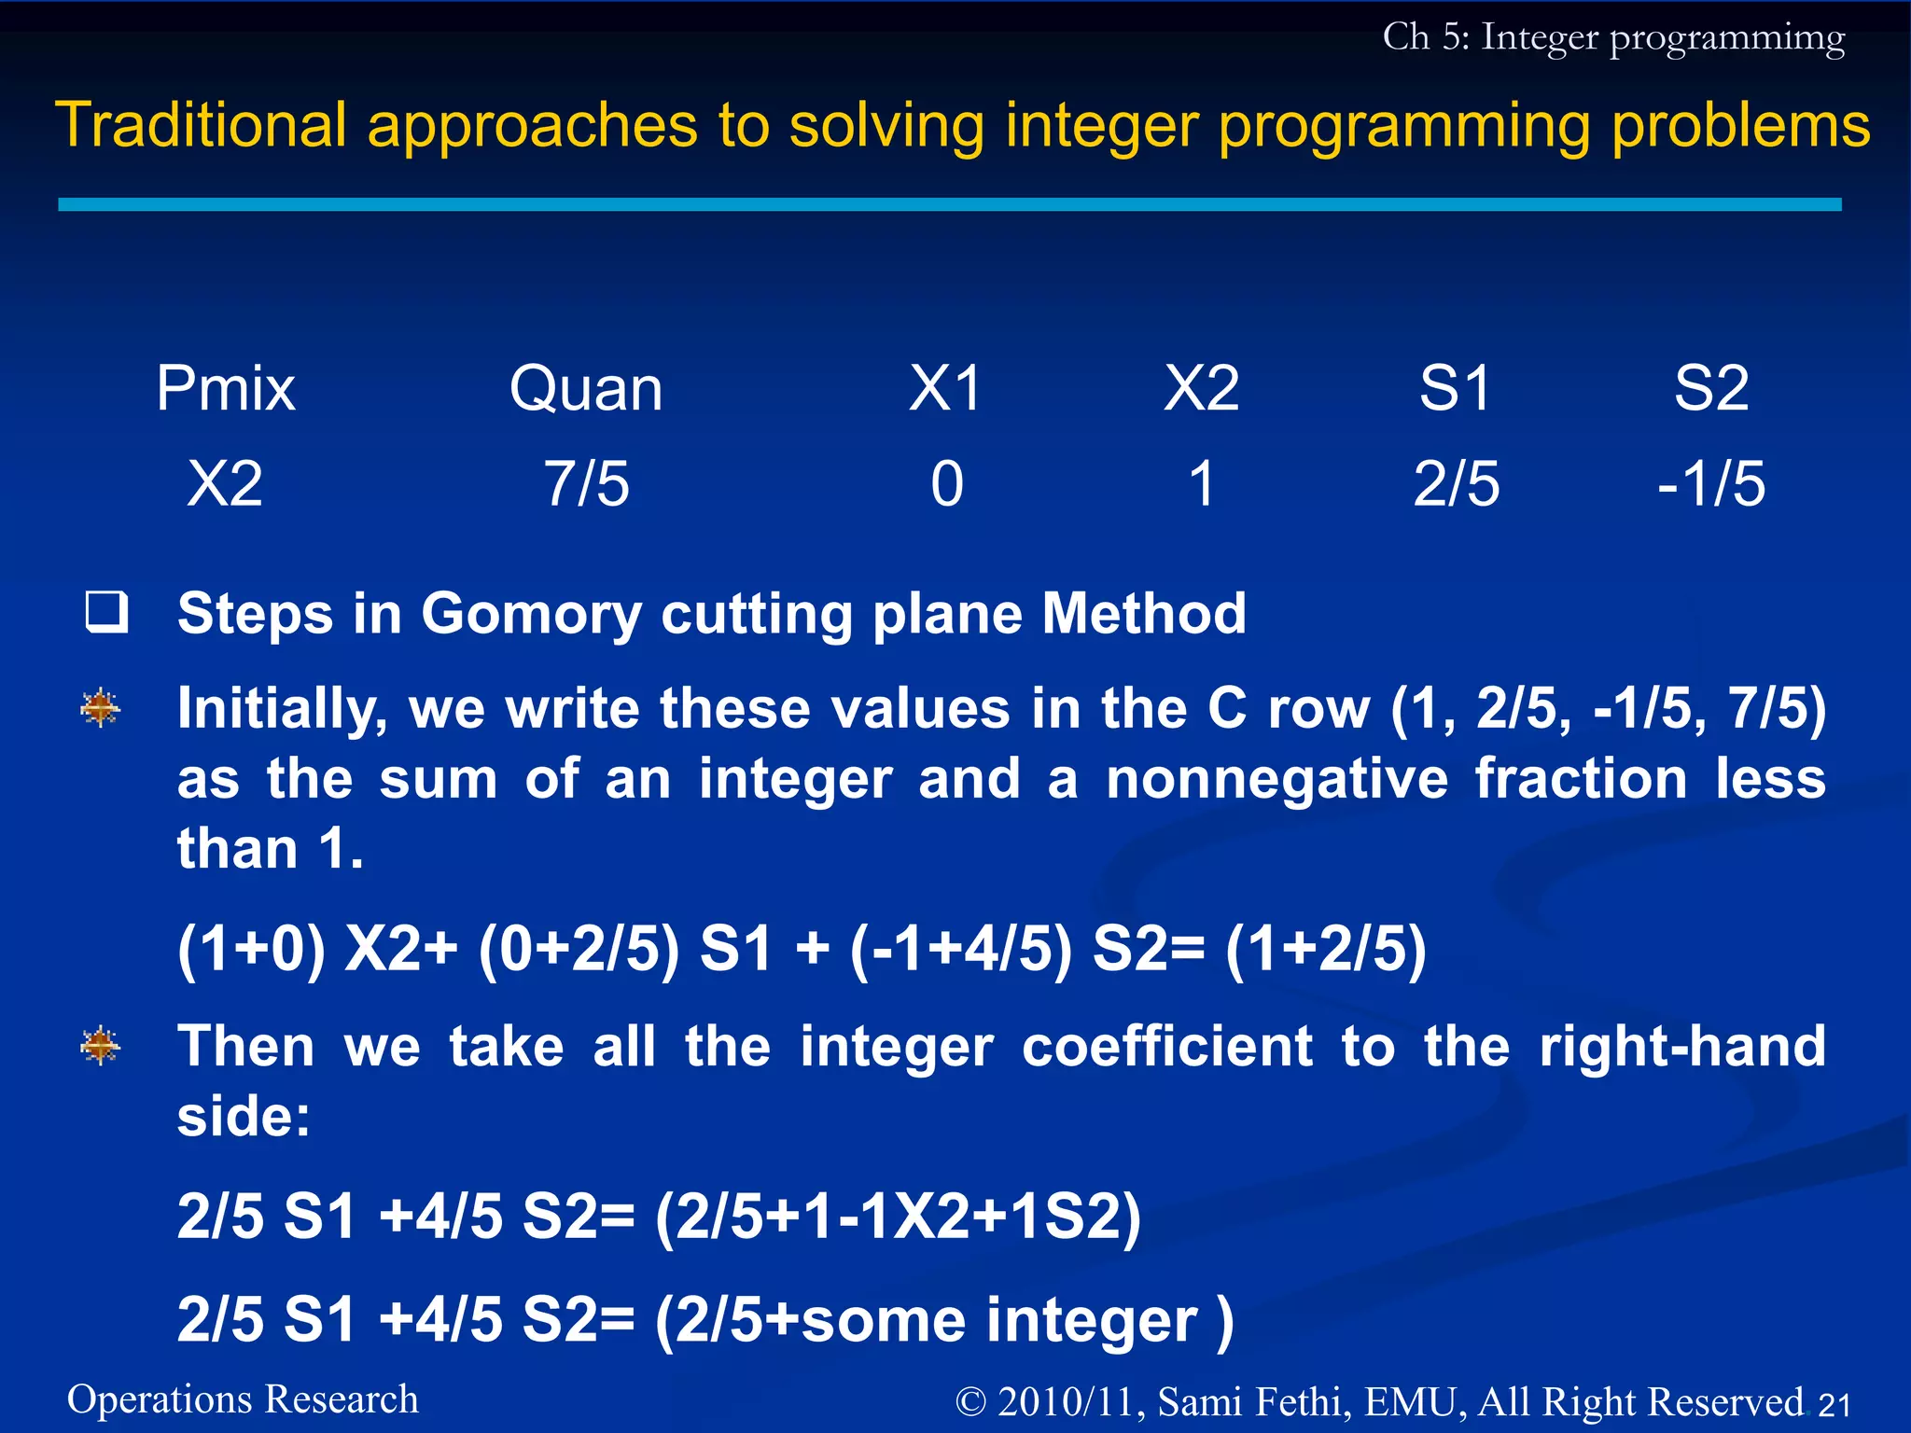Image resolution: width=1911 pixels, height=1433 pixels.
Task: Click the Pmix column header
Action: (x=225, y=388)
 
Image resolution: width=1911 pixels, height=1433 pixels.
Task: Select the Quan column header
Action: (x=586, y=388)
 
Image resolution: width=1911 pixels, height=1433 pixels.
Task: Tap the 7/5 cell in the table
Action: (x=586, y=484)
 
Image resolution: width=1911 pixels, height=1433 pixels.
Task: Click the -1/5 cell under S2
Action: (x=1710, y=484)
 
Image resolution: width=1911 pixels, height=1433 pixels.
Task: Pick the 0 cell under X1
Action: (x=946, y=484)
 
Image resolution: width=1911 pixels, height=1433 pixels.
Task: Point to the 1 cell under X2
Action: (x=1202, y=484)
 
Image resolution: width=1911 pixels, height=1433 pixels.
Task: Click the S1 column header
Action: (x=1456, y=388)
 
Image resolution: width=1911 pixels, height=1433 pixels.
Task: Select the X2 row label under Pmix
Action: (x=225, y=484)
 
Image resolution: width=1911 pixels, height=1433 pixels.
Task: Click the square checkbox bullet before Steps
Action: (x=106, y=612)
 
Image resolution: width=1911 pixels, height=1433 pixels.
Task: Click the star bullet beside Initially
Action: (x=101, y=708)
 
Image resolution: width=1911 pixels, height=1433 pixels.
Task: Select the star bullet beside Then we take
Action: (x=101, y=1046)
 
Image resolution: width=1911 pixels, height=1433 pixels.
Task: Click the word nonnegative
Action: (x=1276, y=779)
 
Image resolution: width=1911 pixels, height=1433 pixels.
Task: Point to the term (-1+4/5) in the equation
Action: (x=961, y=950)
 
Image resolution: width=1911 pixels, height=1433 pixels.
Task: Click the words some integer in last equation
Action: (x=998, y=1320)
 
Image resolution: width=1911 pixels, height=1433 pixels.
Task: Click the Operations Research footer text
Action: (x=243, y=1399)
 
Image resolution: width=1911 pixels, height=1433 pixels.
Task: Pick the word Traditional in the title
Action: (x=201, y=125)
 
